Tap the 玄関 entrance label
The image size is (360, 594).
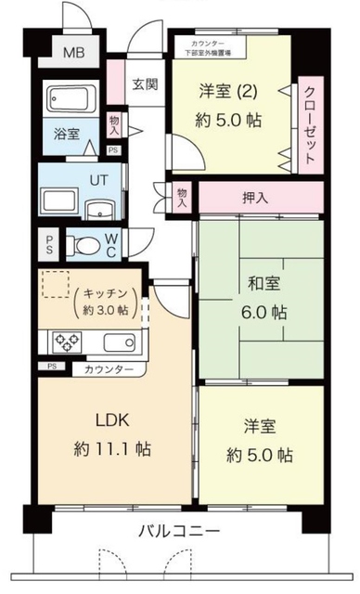pos(144,85)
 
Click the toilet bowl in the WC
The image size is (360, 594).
pos(87,245)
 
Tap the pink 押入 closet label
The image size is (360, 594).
pos(258,198)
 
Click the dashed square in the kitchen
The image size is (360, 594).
pos(56,284)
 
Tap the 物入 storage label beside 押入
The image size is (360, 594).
pos(183,197)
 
